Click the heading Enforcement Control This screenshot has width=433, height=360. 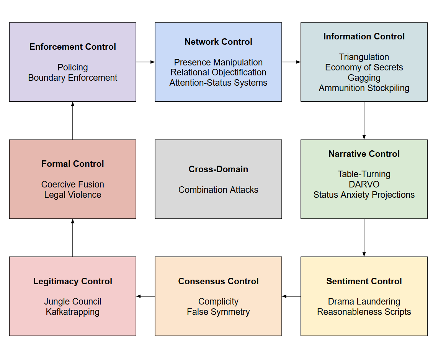click(x=73, y=47)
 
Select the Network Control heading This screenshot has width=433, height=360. click(x=219, y=42)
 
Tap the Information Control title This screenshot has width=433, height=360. click(x=364, y=36)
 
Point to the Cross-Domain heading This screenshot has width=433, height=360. click(x=219, y=169)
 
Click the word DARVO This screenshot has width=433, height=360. click(x=364, y=184)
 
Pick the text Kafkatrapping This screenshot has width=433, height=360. click(x=73, y=312)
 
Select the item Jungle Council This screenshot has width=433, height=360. click(x=73, y=301)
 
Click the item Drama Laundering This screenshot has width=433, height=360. click(x=364, y=301)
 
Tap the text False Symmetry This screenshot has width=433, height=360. click(x=219, y=312)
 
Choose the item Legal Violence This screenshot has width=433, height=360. click(x=73, y=195)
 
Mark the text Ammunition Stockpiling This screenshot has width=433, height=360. click(x=364, y=88)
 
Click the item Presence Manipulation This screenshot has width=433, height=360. click(x=219, y=62)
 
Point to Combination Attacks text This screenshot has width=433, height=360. click(x=219, y=190)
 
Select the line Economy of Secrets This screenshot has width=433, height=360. click(x=364, y=67)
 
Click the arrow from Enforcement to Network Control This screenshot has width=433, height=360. click(x=145, y=62)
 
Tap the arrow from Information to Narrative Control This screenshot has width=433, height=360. click(x=364, y=121)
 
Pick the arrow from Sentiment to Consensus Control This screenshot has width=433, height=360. click(x=291, y=296)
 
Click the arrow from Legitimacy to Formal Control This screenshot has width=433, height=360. click(x=73, y=238)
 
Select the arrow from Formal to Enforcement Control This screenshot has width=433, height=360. click(x=73, y=121)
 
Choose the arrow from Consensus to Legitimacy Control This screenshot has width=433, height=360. click(x=145, y=296)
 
